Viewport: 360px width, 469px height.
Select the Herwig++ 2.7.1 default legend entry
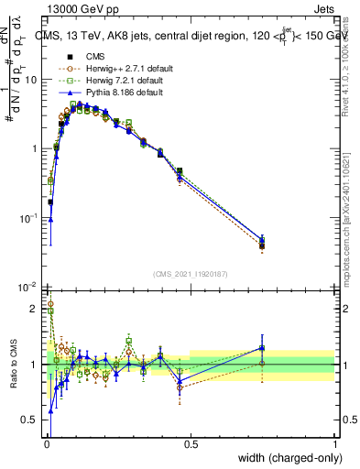[x=109, y=70]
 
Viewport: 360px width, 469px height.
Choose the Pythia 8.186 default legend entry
[x=107, y=93]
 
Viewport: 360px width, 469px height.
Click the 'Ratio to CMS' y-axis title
[x=14, y=364]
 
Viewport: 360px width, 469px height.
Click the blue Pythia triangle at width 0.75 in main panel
[x=262, y=239]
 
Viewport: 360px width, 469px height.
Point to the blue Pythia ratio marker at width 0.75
[x=262, y=347]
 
